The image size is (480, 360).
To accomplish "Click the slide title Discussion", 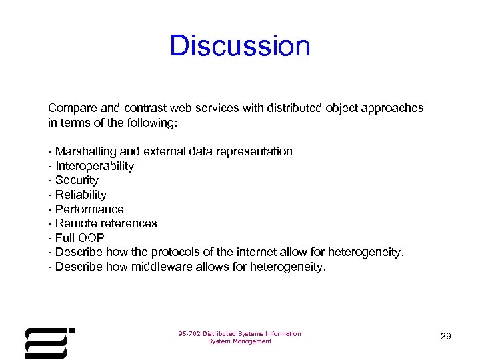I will click(240, 46).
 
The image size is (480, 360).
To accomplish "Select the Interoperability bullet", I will click(94, 166).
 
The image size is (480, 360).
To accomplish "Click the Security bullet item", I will click(77, 180).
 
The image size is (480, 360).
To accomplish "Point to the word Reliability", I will click(81, 195).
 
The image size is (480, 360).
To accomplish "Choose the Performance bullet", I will click(89, 209).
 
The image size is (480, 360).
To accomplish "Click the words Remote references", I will click(106, 223).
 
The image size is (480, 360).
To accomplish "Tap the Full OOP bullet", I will click(79, 238).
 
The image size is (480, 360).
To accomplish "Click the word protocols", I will click(175, 252).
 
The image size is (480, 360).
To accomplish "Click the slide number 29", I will click(445, 337).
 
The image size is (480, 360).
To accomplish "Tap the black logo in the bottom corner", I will click(49, 342).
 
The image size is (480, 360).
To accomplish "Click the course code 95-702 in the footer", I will click(189, 334).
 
